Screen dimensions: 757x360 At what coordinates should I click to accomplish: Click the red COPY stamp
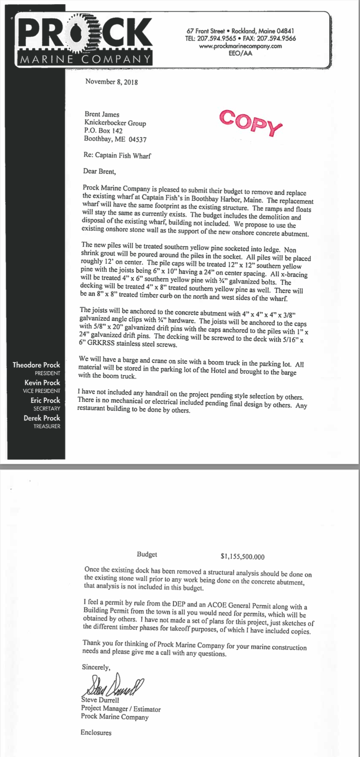[x=251, y=123]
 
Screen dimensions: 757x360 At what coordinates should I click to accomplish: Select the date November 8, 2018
[x=112, y=82]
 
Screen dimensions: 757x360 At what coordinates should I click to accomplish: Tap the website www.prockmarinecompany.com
[x=240, y=46]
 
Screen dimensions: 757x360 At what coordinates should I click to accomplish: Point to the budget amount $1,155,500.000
[x=242, y=557]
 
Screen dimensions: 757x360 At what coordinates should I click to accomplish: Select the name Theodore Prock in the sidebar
[x=36, y=365]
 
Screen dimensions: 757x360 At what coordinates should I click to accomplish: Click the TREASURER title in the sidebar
[x=47, y=426]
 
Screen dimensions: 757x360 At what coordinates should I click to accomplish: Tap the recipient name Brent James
[x=102, y=114]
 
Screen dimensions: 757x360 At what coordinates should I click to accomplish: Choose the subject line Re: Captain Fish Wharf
[x=117, y=156]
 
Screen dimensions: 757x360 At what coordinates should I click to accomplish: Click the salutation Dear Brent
[x=100, y=171]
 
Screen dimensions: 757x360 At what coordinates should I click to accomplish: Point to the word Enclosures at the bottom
[x=96, y=732]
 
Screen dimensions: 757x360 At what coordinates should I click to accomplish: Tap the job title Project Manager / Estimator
[x=121, y=709]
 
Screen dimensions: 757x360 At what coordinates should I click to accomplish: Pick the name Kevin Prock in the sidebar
[x=42, y=383]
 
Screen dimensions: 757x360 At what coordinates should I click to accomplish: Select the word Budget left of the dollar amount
[x=147, y=554]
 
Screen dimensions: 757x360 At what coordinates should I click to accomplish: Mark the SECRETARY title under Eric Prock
[x=47, y=408]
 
